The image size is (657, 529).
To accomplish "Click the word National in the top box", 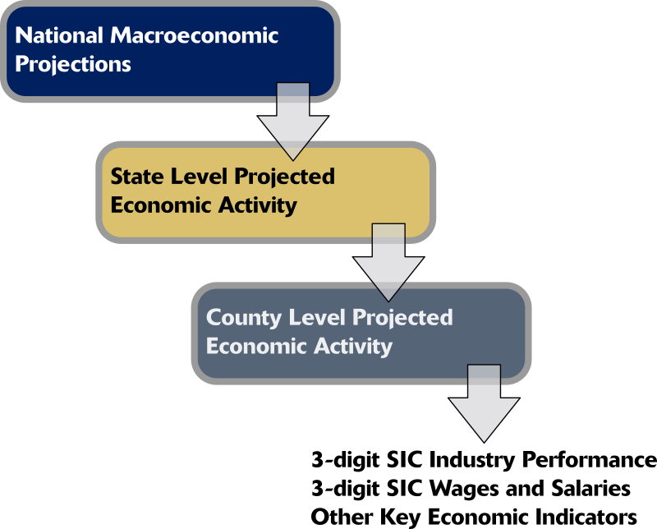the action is (x=59, y=35).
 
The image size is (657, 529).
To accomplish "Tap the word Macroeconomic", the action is (x=195, y=35).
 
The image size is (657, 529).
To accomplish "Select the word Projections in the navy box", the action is (x=73, y=65).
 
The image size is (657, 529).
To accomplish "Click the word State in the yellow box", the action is (x=137, y=177).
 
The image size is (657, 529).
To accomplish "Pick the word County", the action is (x=244, y=318).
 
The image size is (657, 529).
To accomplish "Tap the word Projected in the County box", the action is (x=402, y=318).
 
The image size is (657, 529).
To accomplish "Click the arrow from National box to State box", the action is (x=293, y=122).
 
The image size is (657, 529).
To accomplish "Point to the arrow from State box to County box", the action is (x=388, y=262).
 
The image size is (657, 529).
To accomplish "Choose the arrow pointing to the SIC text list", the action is (x=484, y=403).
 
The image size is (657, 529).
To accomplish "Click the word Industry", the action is (x=472, y=460).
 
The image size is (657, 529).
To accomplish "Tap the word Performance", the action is (x=589, y=459).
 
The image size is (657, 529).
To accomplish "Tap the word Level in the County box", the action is (x=317, y=317).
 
